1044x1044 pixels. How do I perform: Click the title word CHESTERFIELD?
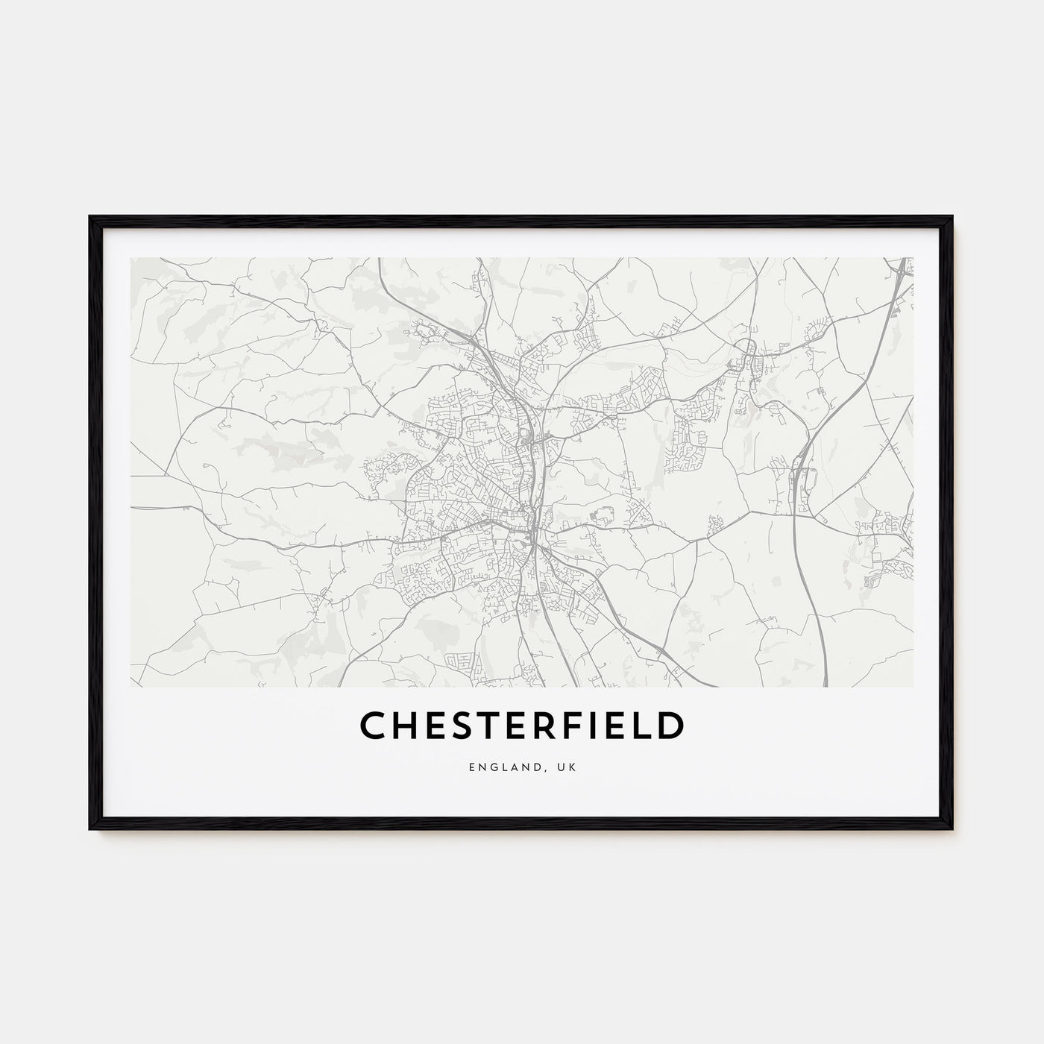pos(521,726)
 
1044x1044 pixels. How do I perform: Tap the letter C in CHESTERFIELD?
pos(374,726)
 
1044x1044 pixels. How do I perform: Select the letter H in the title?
pos(406,726)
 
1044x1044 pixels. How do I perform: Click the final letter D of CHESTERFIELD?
pos(670,726)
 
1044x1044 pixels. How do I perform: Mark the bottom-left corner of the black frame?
pos(91,828)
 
